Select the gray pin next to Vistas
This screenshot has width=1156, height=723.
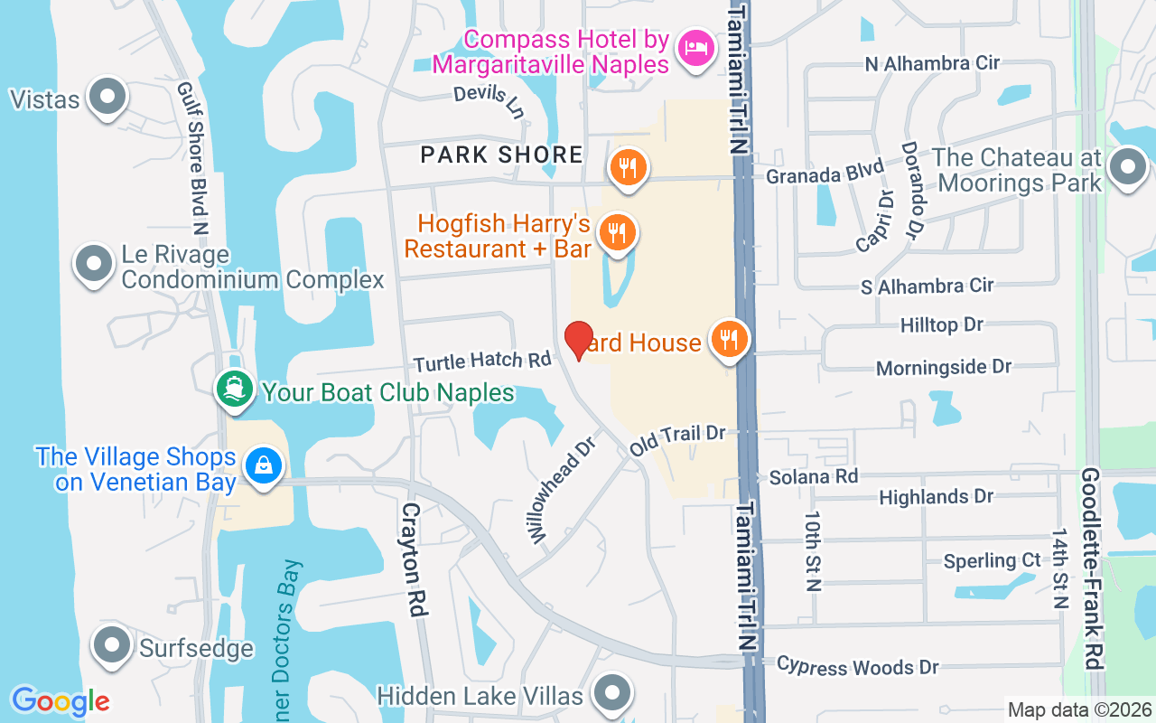pyautogui.click(x=108, y=97)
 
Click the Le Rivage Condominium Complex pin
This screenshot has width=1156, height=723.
pyautogui.click(x=94, y=264)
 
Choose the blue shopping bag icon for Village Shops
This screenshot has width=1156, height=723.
pyautogui.click(x=263, y=465)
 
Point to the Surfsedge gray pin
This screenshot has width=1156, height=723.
pyautogui.click(x=113, y=645)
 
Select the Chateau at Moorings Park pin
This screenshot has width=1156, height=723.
pyautogui.click(x=1127, y=168)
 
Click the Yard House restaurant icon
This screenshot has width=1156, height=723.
pyautogui.click(x=729, y=340)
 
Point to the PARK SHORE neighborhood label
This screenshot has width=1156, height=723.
pyautogui.click(x=502, y=155)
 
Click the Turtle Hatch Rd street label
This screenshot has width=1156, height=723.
pyautogui.click(x=482, y=361)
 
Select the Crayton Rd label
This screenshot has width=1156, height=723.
pyautogui.click(x=413, y=559)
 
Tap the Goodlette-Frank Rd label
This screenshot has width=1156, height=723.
pyautogui.click(x=1092, y=568)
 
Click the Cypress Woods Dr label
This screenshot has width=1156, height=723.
pyautogui.click(x=858, y=667)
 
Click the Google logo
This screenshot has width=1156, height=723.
pyautogui.click(x=61, y=701)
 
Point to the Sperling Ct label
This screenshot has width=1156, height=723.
pyautogui.click(x=992, y=560)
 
